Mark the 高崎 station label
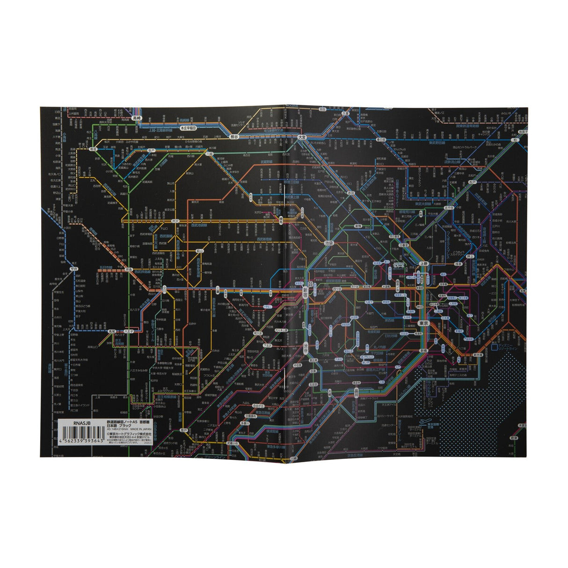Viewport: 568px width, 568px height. tap(137, 119)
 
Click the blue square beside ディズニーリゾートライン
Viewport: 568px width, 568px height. tap(494, 348)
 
